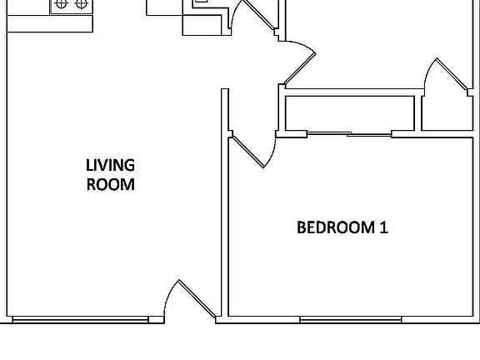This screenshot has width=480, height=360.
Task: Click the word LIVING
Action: pyautogui.click(x=111, y=165)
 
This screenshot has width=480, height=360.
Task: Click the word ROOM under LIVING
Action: pyautogui.click(x=111, y=184)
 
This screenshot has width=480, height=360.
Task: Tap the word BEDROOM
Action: pyautogui.click(x=332, y=227)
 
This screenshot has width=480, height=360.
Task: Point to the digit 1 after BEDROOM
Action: pyautogui.click(x=383, y=227)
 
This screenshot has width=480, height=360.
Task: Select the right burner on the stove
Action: pyautogui.click(x=81, y=4)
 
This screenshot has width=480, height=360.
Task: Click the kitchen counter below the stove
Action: pyautogui.click(x=50, y=23)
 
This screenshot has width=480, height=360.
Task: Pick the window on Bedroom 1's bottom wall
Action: pyautogui.click(x=350, y=319)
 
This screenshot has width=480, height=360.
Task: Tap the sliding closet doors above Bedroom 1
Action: pyautogui.click(x=350, y=133)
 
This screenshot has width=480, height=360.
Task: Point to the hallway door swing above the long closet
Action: pyautogui.click(x=298, y=62)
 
